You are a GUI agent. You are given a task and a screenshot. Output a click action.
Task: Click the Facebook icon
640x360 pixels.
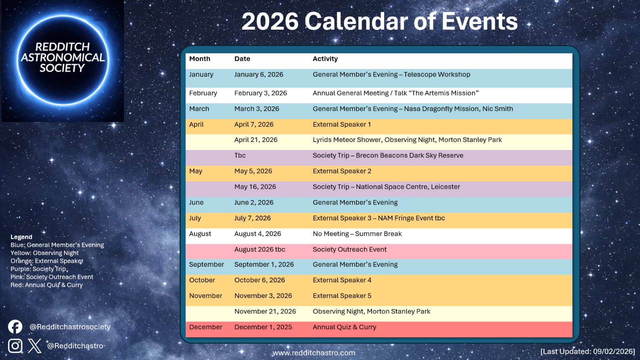[x=15, y=327]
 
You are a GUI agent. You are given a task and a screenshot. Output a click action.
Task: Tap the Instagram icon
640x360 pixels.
[x=15, y=346]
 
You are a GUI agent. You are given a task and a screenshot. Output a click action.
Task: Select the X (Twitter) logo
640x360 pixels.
[x=35, y=346]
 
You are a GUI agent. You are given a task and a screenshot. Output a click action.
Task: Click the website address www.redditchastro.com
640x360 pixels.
[x=314, y=353]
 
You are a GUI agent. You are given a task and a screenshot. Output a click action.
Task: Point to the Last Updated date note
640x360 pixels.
[x=587, y=351]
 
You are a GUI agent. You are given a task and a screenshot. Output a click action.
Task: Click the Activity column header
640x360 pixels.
[x=325, y=59]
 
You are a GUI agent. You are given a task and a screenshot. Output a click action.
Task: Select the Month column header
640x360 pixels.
[x=200, y=59]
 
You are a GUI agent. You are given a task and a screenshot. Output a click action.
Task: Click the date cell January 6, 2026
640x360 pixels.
[x=258, y=74]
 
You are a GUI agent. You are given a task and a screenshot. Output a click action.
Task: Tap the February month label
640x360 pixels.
[x=203, y=93]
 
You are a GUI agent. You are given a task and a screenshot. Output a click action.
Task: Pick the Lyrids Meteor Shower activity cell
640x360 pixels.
[x=407, y=140]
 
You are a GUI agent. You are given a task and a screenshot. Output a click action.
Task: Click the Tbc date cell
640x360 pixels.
[x=240, y=156]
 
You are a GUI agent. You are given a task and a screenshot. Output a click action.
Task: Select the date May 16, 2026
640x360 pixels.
[x=255, y=187]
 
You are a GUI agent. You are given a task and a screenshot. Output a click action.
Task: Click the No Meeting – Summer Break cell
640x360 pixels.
[x=357, y=234]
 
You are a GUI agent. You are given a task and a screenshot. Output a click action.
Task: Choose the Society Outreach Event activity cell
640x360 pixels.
[x=350, y=250]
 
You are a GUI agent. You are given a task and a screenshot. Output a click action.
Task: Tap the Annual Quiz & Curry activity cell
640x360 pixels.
[x=344, y=327]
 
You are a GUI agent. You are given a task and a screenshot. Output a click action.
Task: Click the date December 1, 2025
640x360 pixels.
[x=263, y=327]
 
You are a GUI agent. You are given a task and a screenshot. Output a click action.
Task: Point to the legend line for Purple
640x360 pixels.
[x=38, y=269]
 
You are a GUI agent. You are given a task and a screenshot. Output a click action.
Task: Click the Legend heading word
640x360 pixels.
[x=21, y=237]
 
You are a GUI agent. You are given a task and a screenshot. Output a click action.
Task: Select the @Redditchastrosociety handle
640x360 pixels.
[x=70, y=327]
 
